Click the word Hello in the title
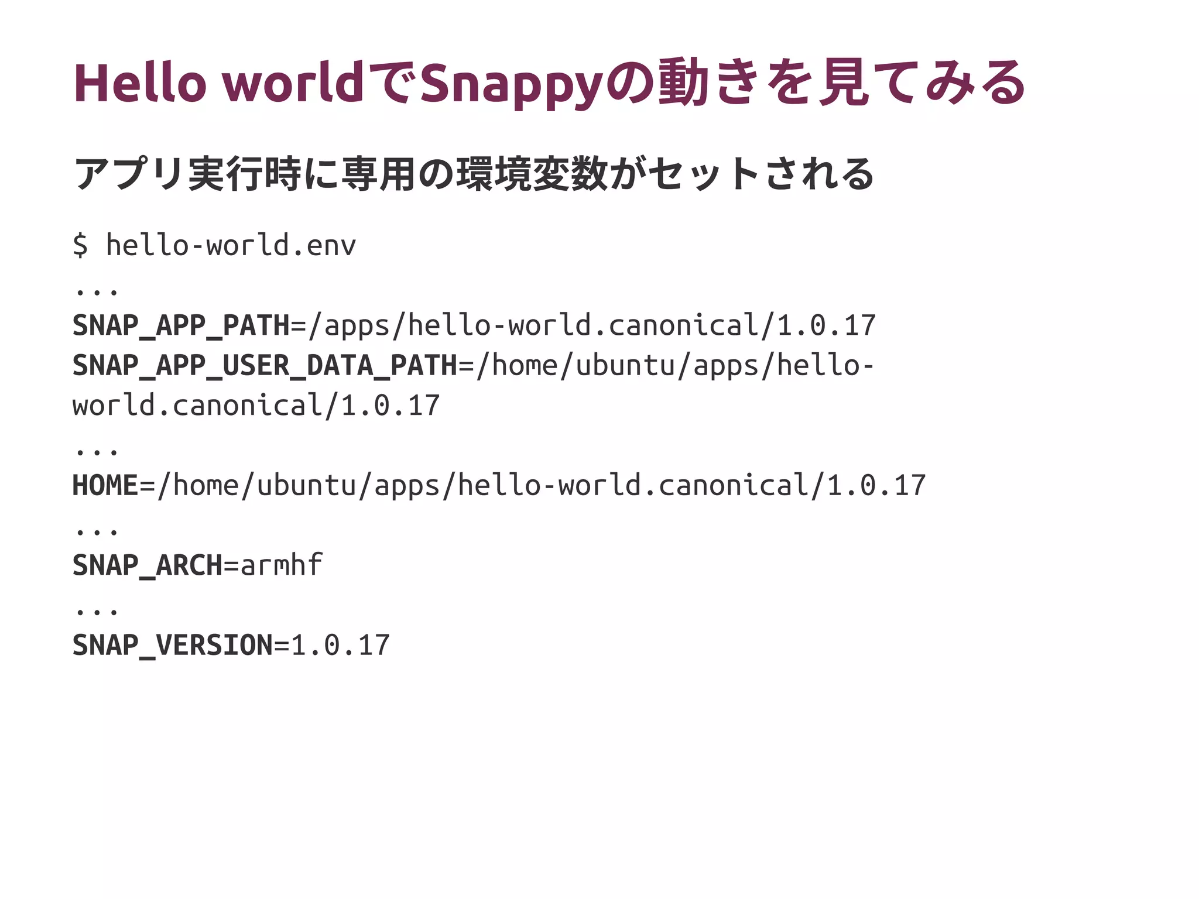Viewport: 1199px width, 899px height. pyautogui.click(x=140, y=83)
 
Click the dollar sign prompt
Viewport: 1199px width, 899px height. pyautogui.click(x=80, y=245)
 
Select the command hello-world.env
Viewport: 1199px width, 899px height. pyautogui.click(x=231, y=245)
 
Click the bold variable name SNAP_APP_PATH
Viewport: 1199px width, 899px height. pyautogui.click(x=181, y=325)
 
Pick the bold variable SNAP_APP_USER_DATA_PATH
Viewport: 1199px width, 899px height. pyautogui.click(x=265, y=365)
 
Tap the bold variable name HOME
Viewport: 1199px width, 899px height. pyautogui.click(x=105, y=485)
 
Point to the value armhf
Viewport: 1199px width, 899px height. pyautogui.click(x=282, y=565)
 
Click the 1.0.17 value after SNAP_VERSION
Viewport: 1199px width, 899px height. pyautogui.click(x=340, y=645)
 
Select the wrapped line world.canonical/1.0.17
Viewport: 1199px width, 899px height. pyautogui.click(x=256, y=406)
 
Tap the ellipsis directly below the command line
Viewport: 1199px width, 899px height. pyautogui.click(x=97, y=290)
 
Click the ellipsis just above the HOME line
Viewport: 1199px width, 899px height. pyautogui.click(x=97, y=450)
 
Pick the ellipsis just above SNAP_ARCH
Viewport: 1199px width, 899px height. pyautogui.click(x=97, y=530)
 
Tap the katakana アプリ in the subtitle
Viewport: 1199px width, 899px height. pyautogui.click(x=129, y=174)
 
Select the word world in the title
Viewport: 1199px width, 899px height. pyautogui.click(x=294, y=83)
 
